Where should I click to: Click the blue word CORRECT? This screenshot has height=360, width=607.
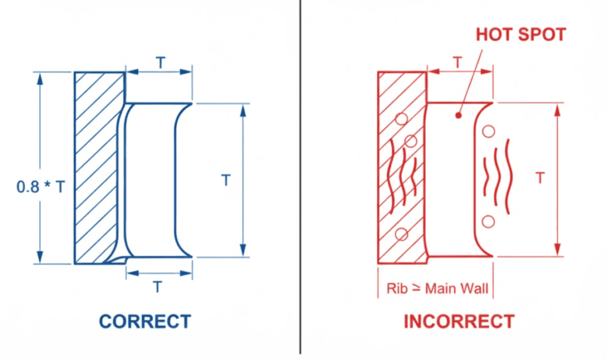pyautogui.click(x=145, y=321)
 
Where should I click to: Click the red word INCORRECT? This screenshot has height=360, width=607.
pyautogui.click(x=459, y=321)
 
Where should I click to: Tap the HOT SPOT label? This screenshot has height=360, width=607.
pyautogui.click(x=521, y=34)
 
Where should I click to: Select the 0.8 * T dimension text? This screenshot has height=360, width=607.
pyautogui.click(x=41, y=187)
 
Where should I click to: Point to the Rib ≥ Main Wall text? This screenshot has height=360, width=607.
pyautogui.click(x=437, y=289)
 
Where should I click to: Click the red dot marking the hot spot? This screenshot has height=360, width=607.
pyautogui.click(x=458, y=115)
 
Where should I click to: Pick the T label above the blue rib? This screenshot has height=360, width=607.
pyautogui.click(x=159, y=63)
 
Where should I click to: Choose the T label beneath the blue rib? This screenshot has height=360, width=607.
pyautogui.click(x=158, y=286)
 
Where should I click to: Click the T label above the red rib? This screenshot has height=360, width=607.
pyautogui.click(x=458, y=62)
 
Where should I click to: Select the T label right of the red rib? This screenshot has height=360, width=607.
pyautogui.click(x=539, y=177)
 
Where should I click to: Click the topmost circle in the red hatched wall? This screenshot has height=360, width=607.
pyautogui.click(x=402, y=119)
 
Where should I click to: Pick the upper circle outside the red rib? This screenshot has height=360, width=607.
pyautogui.click(x=488, y=132)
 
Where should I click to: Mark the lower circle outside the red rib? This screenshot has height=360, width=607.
pyautogui.click(x=488, y=221)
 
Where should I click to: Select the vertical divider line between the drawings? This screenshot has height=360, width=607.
pyautogui.click(x=301, y=178)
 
